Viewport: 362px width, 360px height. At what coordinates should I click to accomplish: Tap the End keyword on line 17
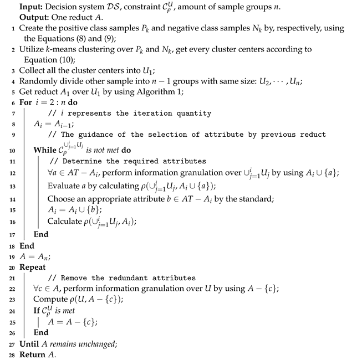(x=42, y=234)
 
